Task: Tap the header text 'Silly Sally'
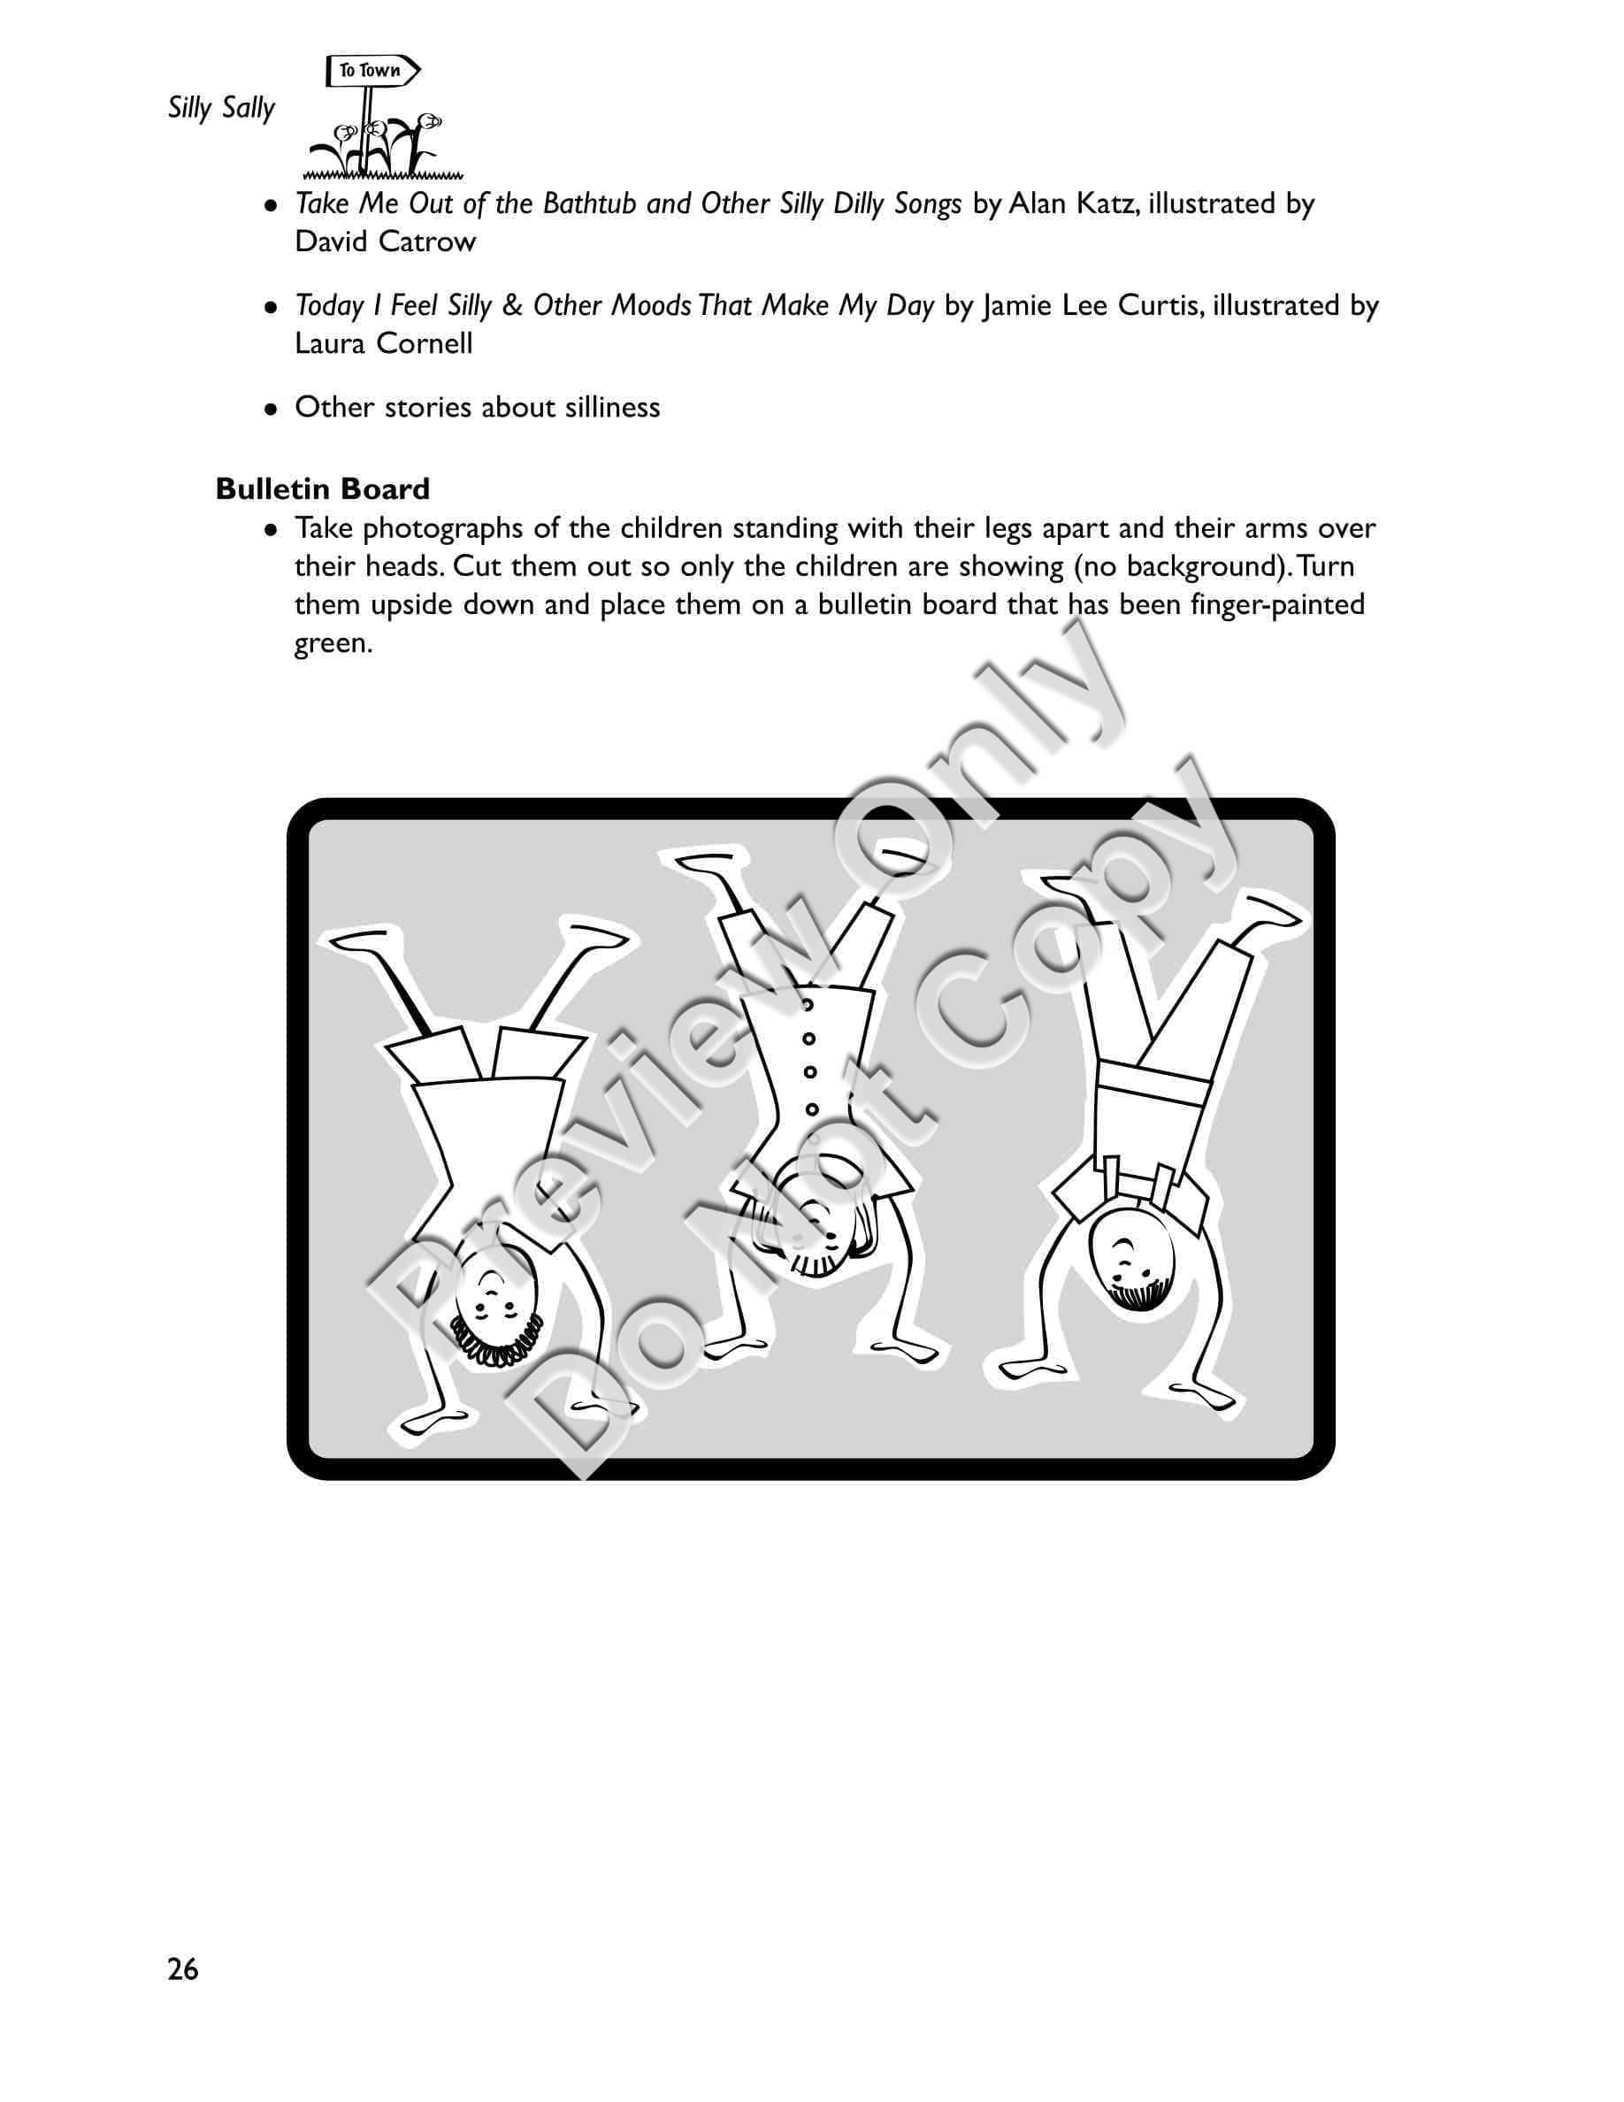click(221, 108)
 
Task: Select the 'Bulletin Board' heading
click(322, 489)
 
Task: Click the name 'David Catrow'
click(385, 242)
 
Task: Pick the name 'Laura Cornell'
click(384, 343)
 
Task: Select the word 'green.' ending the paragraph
click(333, 644)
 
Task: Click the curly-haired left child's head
click(493, 1309)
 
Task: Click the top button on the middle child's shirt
click(808, 1005)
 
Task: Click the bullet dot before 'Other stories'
click(272, 408)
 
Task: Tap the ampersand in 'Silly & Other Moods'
click(513, 306)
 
